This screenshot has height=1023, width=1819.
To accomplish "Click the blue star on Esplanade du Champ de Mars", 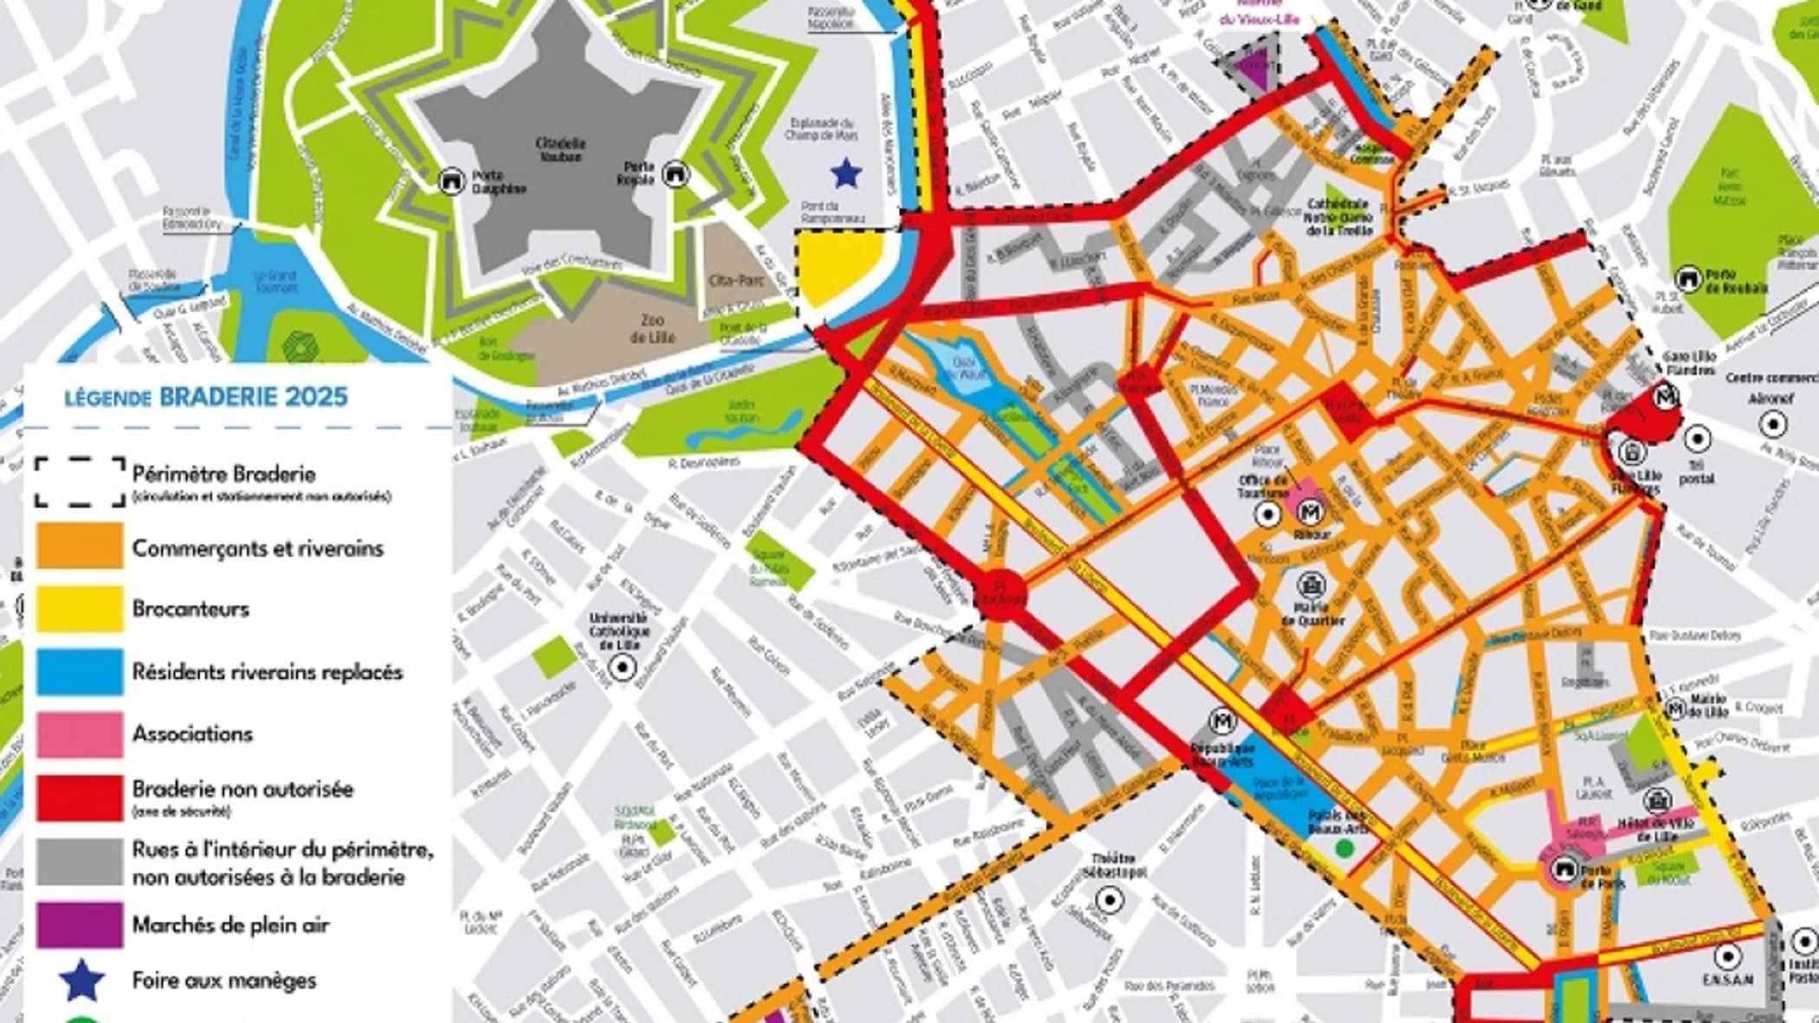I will coord(845,173).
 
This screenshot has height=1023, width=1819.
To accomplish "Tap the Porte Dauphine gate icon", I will coord(451,180).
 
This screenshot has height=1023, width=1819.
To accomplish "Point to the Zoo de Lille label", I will coord(651,328).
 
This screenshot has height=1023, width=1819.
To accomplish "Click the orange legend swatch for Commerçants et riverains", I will coord(79,546).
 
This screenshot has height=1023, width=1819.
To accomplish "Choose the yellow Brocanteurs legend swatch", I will coord(79,608).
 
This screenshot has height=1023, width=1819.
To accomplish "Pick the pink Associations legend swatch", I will coord(79,734).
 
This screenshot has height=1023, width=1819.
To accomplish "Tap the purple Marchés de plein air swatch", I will coord(79,924).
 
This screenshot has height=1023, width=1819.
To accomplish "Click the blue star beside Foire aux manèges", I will coord(83,981).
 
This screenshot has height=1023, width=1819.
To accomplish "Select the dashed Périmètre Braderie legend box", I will coord(80,482).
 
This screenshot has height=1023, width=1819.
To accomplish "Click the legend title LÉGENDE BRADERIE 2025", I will coord(206,398).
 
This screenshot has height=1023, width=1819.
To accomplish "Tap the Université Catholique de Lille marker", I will coord(622,667).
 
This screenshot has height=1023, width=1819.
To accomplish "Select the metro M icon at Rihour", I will coord(1311,512).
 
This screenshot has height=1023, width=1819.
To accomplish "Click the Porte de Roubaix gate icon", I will coord(1686,280).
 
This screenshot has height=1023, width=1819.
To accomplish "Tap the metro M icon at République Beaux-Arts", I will coord(1223,721).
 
